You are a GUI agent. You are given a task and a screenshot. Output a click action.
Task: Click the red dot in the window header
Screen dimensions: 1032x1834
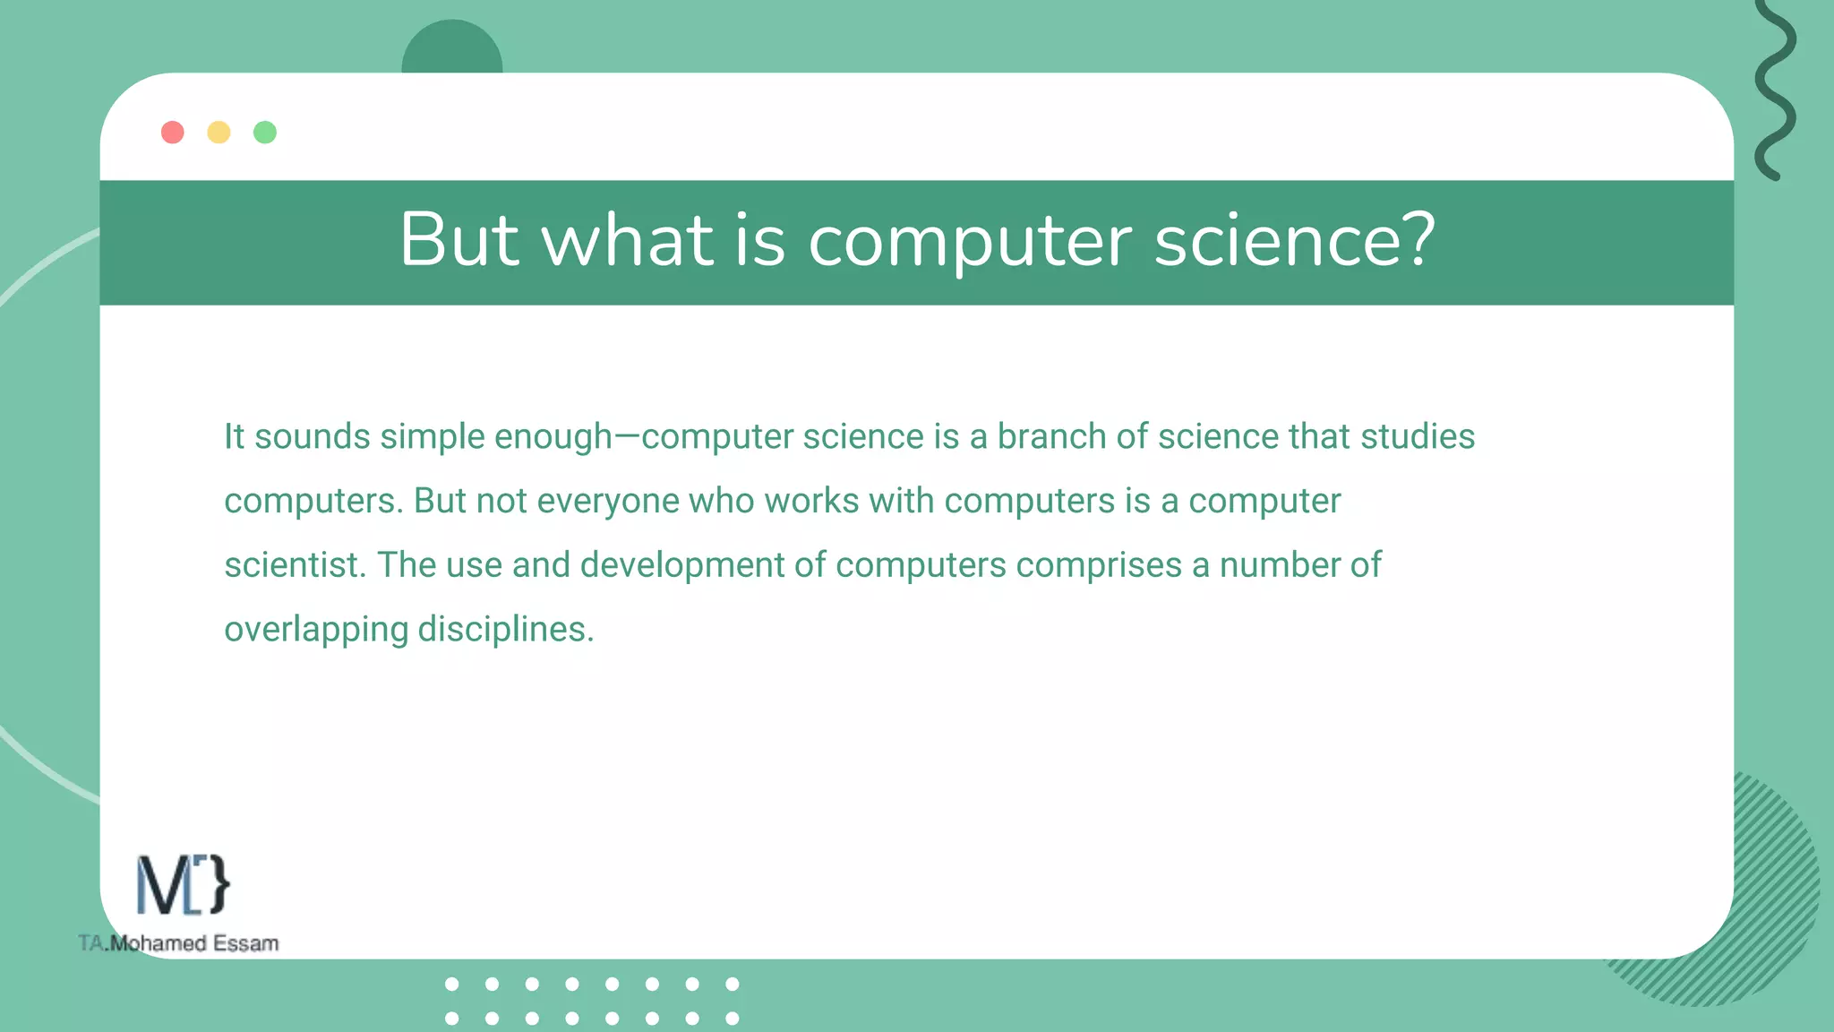(173, 133)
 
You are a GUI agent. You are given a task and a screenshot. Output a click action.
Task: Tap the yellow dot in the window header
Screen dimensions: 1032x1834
(219, 133)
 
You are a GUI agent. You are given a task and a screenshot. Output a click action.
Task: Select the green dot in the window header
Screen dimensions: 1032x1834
(265, 133)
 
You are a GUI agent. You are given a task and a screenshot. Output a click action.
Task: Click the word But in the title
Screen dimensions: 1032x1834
(458, 239)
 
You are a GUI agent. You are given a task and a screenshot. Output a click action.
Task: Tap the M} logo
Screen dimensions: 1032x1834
(183, 885)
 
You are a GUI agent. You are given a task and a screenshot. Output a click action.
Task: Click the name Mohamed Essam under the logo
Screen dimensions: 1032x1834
(193, 943)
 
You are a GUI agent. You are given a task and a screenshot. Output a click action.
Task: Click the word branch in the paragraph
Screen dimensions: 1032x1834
(1051, 437)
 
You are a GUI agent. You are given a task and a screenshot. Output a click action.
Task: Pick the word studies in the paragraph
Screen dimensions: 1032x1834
(1417, 437)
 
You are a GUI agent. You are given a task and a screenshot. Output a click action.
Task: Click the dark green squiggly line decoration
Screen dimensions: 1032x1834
(1774, 90)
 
